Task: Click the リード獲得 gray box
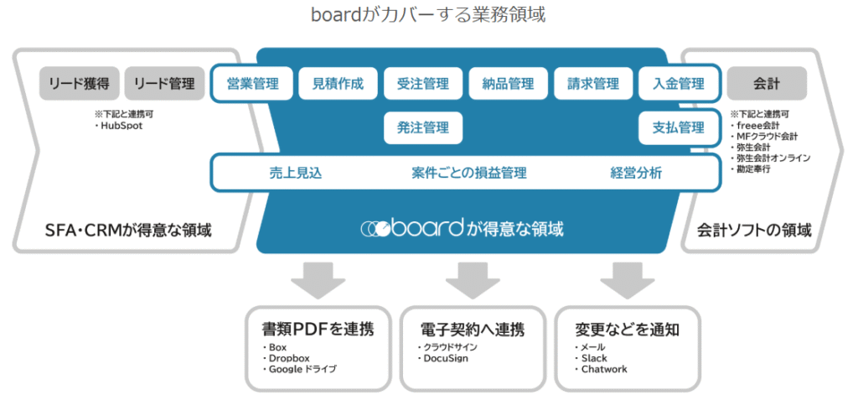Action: (x=79, y=84)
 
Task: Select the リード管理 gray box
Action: (x=163, y=84)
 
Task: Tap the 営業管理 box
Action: (x=252, y=84)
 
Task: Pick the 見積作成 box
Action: (x=338, y=84)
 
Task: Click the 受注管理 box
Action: (x=423, y=84)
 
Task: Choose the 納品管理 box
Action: (x=508, y=84)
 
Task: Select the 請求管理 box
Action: (x=593, y=84)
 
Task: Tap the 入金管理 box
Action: (x=679, y=84)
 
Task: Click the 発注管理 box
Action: (x=423, y=128)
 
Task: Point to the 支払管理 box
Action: (x=679, y=128)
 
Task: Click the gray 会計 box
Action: (x=767, y=84)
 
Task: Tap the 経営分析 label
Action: (x=636, y=174)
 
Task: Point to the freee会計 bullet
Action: (x=760, y=125)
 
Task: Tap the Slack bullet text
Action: (x=592, y=359)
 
